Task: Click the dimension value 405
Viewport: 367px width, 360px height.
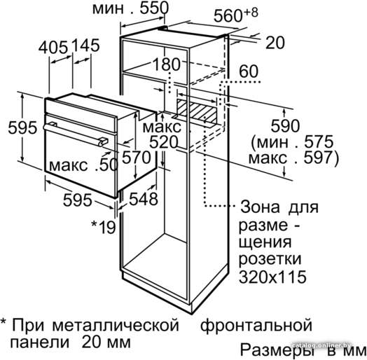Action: click(x=53, y=47)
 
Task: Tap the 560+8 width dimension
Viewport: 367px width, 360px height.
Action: click(x=236, y=15)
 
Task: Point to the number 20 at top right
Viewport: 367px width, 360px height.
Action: click(x=275, y=43)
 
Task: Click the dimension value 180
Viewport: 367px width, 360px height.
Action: click(x=167, y=64)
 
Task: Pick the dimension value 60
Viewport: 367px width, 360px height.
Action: click(x=249, y=71)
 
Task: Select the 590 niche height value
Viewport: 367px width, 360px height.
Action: click(x=285, y=125)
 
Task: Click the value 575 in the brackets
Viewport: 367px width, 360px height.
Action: click(x=318, y=141)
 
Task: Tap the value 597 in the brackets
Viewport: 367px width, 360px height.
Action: click(x=318, y=158)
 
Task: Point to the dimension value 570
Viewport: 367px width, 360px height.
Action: click(x=137, y=157)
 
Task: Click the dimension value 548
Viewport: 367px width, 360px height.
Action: click(x=144, y=199)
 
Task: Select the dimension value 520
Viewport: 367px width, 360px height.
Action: click(x=164, y=142)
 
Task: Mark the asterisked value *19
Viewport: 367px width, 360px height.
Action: click(x=104, y=227)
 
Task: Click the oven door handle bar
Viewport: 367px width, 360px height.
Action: click(x=76, y=135)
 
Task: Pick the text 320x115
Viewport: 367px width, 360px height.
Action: click(x=272, y=277)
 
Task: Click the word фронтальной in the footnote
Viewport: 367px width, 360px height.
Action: click(x=256, y=325)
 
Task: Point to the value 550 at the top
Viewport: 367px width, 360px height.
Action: click(x=154, y=8)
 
